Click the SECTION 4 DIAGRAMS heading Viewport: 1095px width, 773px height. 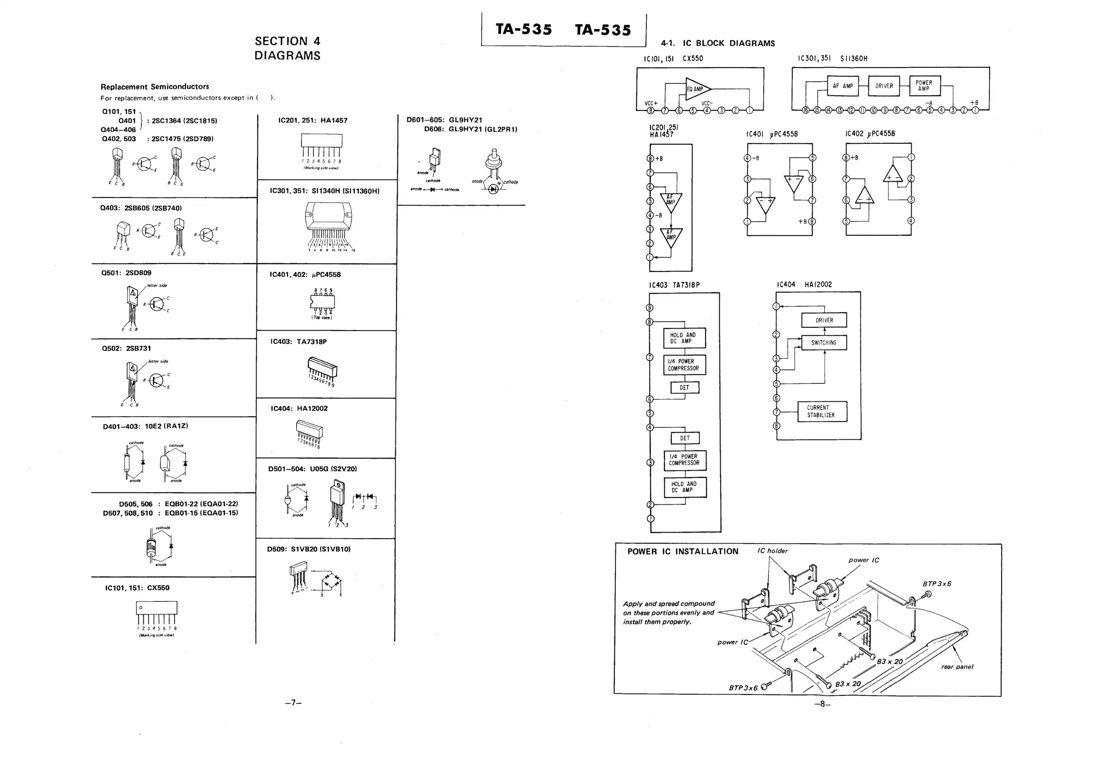287,48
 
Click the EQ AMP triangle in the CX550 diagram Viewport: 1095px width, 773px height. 696,89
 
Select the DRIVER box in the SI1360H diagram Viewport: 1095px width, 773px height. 884,86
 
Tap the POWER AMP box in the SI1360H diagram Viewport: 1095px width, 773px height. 925,86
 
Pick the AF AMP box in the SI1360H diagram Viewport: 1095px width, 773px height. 843,86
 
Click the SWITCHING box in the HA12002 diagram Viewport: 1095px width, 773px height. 824,343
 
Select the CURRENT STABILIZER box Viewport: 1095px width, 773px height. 822,411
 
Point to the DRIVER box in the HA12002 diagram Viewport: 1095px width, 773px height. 824,320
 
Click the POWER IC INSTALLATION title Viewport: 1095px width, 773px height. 682,552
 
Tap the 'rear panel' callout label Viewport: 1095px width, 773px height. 957,667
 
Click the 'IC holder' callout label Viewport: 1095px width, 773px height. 773,551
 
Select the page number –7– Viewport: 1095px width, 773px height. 293,702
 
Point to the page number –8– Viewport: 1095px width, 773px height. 822,704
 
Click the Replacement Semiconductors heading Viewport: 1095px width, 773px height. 154,86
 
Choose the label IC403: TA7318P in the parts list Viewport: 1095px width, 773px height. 298,342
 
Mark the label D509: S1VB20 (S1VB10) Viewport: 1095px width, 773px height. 309,549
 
